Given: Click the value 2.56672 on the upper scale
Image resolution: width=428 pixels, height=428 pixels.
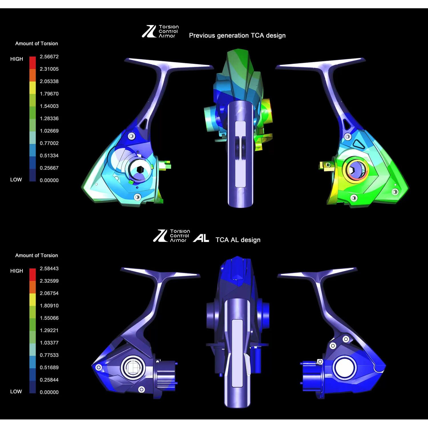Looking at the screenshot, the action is [49, 56].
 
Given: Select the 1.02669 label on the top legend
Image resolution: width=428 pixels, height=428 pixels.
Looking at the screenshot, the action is [49, 131].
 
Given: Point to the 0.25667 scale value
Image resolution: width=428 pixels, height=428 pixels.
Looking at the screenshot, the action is [49, 168].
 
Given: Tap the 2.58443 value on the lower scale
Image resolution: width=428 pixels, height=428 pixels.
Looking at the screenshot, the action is [49, 268].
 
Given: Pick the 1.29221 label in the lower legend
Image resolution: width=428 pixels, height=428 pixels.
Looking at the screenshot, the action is [49, 330].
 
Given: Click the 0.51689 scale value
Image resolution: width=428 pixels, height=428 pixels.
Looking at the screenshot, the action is [49, 367].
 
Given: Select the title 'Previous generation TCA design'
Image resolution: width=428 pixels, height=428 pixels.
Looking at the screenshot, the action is [237, 35].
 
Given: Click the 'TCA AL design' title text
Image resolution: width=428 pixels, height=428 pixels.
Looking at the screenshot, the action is [238, 240].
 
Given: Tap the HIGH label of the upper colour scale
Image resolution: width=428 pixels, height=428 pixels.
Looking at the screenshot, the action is [17, 59].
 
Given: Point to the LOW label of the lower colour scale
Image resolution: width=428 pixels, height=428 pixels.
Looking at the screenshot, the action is [16, 391].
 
